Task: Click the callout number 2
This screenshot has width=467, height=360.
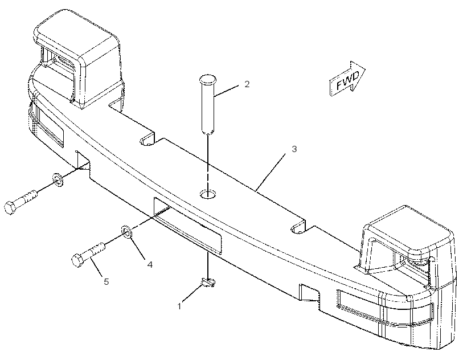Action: click(247, 84)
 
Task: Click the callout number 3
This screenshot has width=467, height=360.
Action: click(294, 149)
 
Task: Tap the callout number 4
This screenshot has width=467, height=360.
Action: click(150, 264)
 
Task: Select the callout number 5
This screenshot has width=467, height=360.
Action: click(106, 281)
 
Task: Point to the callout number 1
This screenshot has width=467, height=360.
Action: click(179, 306)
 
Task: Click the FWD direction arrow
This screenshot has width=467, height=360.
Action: click(347, 79)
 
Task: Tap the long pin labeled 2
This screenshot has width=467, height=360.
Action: click(208, 104)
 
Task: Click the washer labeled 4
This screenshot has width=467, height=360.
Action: click(126, 232)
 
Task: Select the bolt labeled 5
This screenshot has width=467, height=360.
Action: click(88, 255)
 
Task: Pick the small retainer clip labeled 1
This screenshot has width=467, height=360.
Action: click(208, 283)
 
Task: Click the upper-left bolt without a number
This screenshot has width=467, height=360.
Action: click(21, 202)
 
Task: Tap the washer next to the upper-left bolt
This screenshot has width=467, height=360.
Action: click(58, 179)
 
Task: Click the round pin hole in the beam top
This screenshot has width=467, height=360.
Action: click(208, 194)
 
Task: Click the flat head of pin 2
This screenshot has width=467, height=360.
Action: click(208, 79)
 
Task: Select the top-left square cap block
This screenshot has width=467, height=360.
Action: click(78, 60)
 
